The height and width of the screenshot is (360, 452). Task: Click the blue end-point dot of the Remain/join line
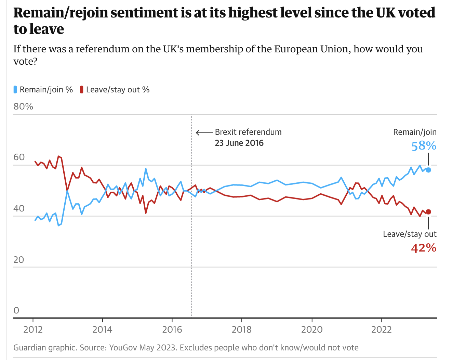tap(428, 170)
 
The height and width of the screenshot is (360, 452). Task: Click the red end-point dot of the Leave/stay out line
tap(428, 212)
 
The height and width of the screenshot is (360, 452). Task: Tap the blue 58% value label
tap(424, 146)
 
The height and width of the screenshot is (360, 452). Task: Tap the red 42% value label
tap(424, 247)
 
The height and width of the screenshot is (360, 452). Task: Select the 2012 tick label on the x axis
tap(33, 330)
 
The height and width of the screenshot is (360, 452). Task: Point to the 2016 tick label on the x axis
tap(172, 330)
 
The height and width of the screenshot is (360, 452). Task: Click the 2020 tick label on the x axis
tap(312, 330)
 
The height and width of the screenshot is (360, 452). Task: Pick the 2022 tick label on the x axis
tap(382, 330)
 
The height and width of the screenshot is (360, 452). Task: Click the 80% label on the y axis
tap(23, 106)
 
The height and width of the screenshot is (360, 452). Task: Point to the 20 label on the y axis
tap(19, 260)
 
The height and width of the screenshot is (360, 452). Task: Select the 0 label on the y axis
tap(16, 310)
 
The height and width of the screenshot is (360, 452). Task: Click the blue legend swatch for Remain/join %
tap(15, 90)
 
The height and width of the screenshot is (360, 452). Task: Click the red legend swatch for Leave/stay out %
tap(81, 90)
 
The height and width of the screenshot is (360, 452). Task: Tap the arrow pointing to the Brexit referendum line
tap(204, 133)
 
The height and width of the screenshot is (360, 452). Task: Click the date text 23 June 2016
tap(239, 143)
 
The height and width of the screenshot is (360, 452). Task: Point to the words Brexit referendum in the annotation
tap(248, 132)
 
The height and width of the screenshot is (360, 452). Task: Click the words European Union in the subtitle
tap(312, 49)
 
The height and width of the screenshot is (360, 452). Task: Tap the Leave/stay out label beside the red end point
tap(410, 234)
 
